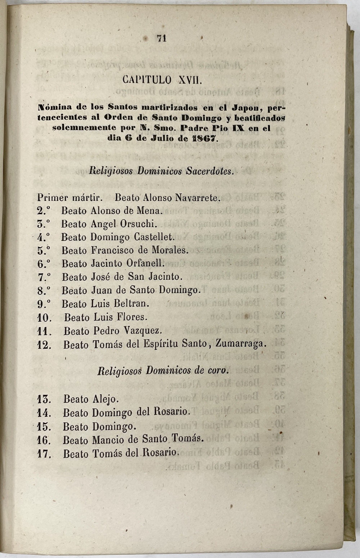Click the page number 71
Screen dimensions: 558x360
point(162,38)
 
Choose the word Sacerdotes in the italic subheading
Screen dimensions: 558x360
point(210,171)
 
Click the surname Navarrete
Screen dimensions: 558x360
point(197,198)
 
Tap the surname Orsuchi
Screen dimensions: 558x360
point(139,224)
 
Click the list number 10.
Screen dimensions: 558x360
point(44,318)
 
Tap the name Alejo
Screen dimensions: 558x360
point(105,399)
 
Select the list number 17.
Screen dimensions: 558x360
point(44,454)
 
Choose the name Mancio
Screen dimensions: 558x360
point(106,440)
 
